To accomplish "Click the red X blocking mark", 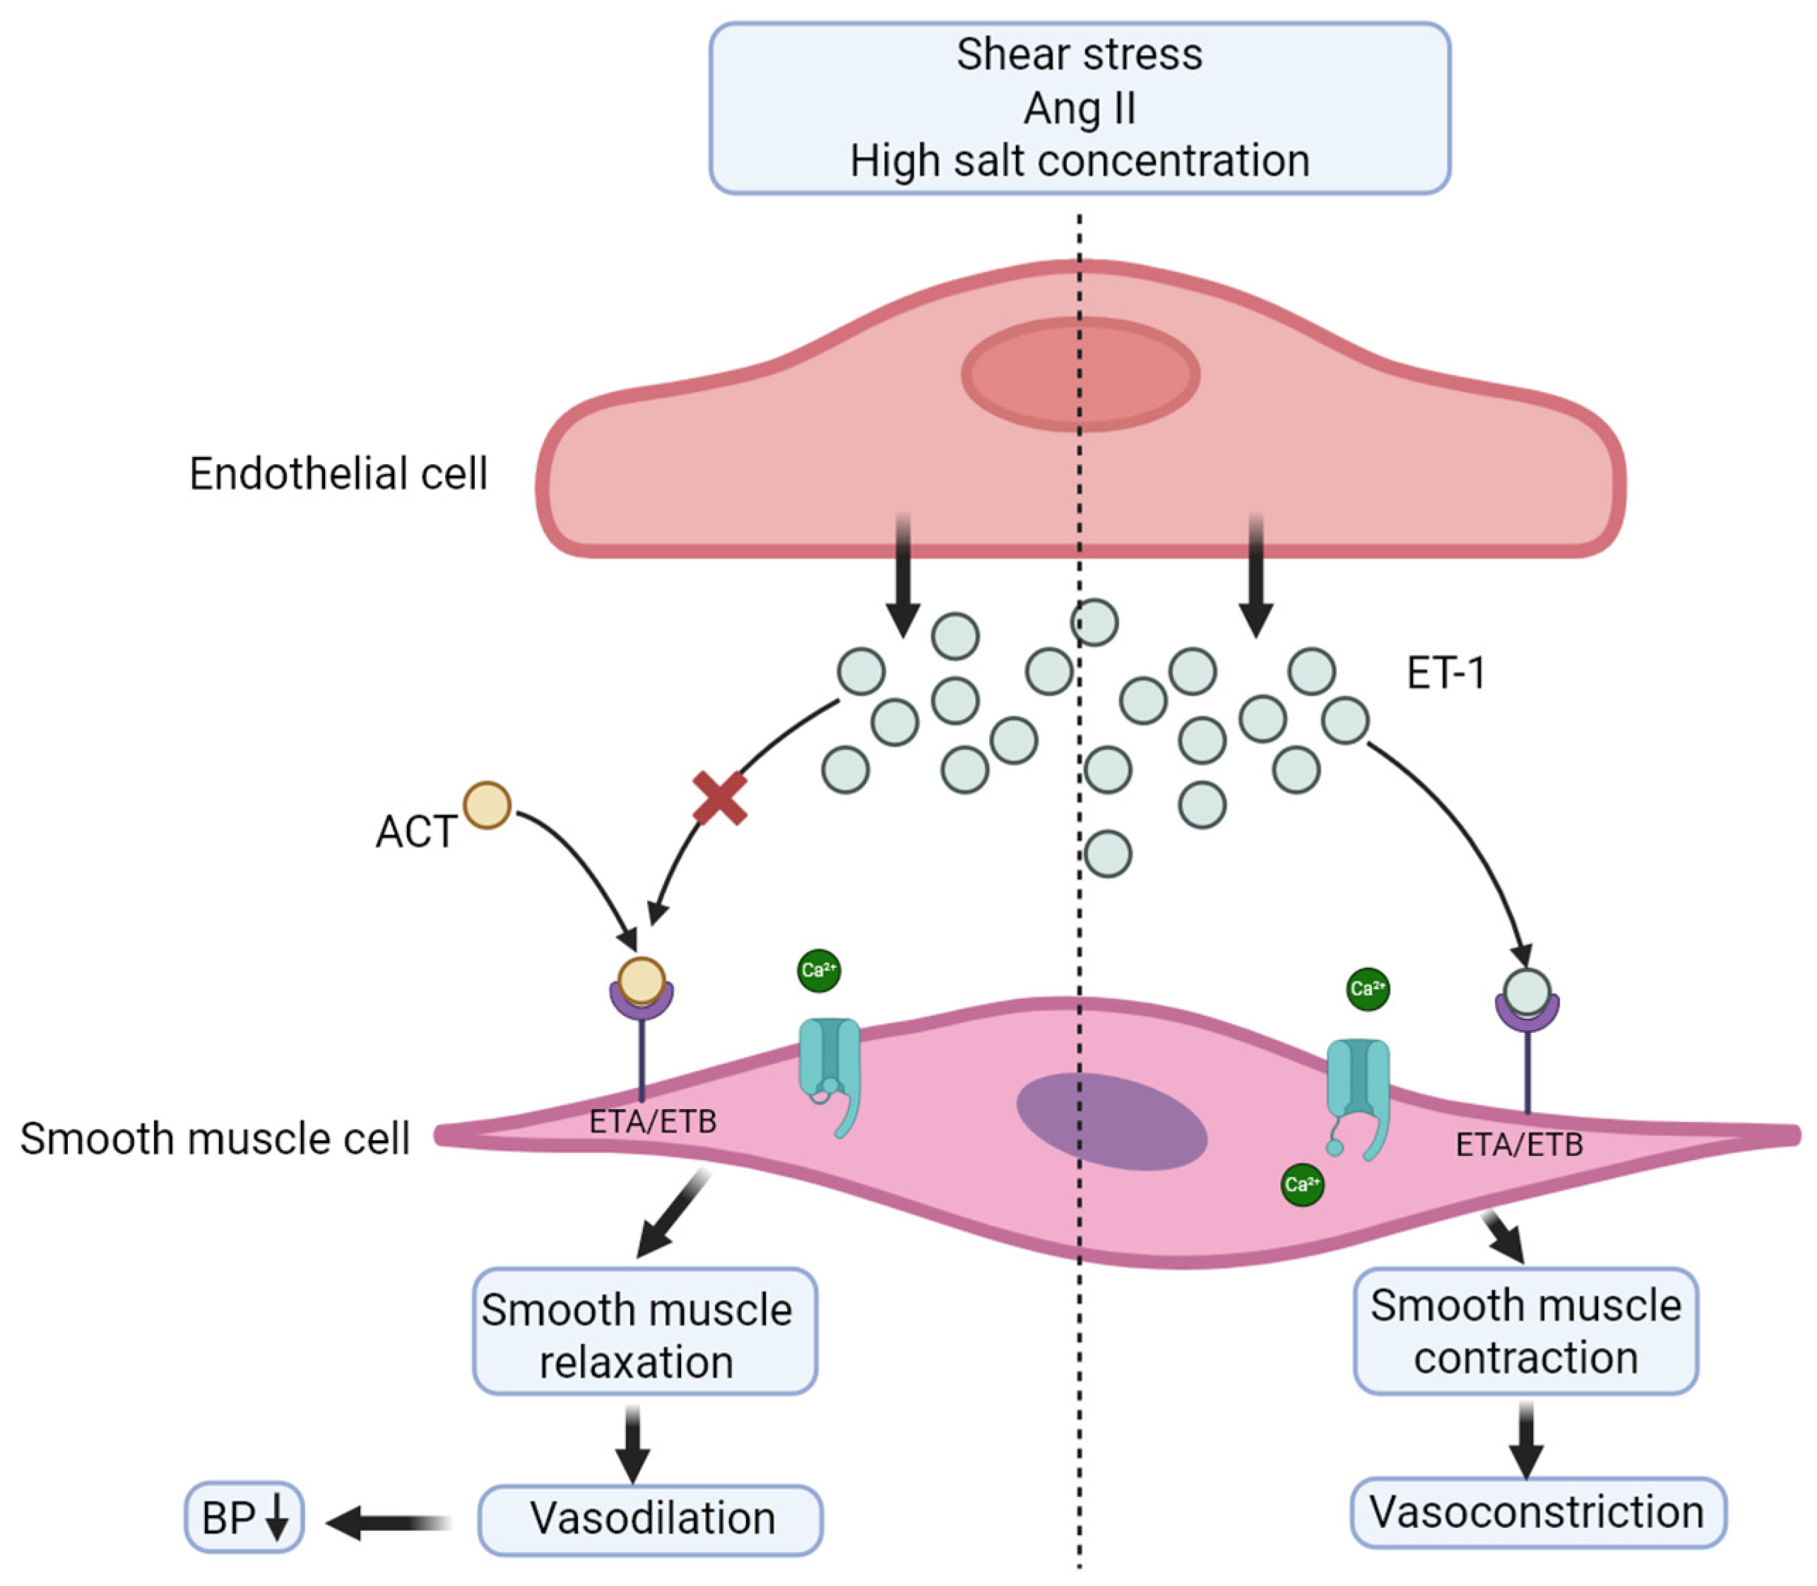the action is [718, 798].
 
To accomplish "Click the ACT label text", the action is [416, 832].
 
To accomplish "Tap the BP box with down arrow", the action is [244, 1518].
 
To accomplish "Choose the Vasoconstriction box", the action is [1538, 1513].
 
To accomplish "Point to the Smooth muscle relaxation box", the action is [644, 1331].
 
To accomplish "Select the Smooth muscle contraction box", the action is [1526, 1330].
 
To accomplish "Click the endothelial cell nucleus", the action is [1081, 374].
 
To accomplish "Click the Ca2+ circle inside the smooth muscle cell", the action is [1302, 1184].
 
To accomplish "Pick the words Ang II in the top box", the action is [1079, 109].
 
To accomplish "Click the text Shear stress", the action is [1079, 54].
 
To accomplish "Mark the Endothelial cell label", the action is [338, 473].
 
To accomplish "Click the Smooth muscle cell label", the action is [215, 1138].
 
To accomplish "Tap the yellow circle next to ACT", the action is [487, 805].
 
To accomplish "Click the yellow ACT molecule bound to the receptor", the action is [641, 981].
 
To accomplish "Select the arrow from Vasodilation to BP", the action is [389, 1523].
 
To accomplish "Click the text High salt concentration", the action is [1079, 161].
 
